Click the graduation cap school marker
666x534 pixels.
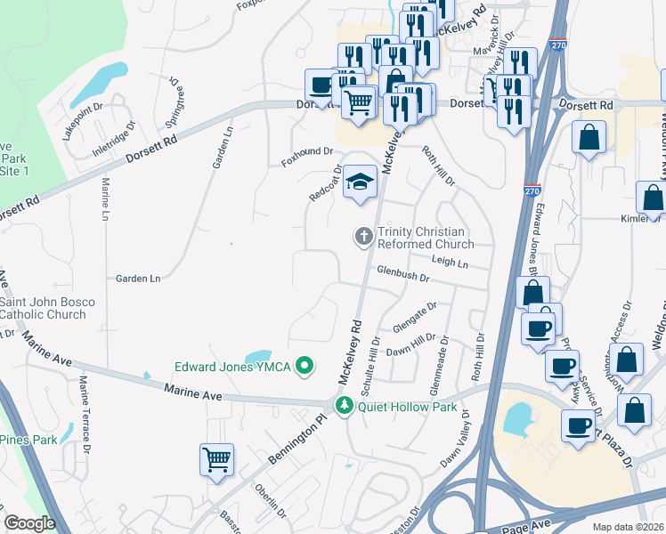tap(360, 182)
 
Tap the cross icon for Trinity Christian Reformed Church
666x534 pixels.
tap(363, 237)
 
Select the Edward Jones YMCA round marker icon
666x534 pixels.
tap(305, 366)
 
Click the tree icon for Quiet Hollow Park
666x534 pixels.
tap(345, 407)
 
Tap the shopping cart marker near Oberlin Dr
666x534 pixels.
tap(216, 460)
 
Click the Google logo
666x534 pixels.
tap(29, 523)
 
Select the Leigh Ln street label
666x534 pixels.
tap(450, 263)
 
